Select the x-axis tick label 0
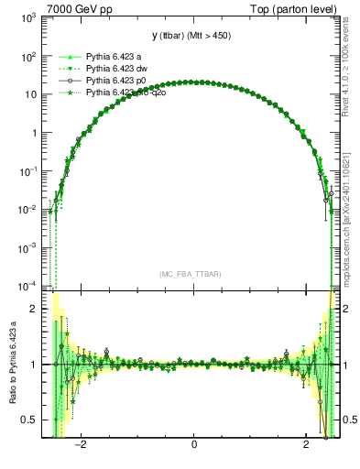(x=193, y=445)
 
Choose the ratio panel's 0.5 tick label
(x=28, y=420)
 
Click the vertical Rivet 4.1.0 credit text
(x=352, y=64)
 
